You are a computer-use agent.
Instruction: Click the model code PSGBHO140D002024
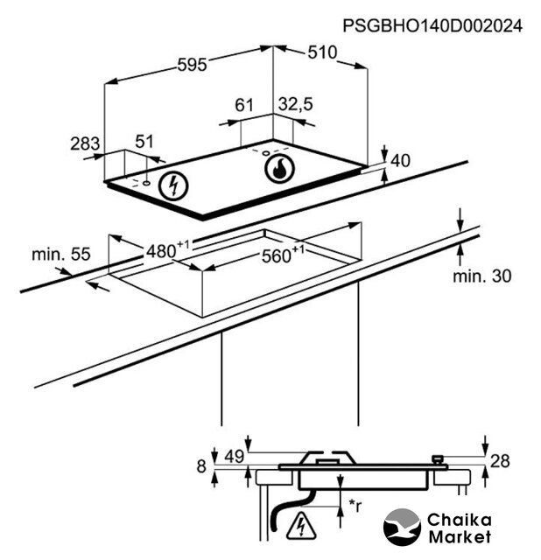coord(432,26)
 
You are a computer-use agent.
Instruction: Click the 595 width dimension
coord(193,65)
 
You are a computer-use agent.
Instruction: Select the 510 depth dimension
coord(322,52)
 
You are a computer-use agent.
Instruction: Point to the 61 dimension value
coord(244,105)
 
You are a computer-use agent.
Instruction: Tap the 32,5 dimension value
coord(296,104)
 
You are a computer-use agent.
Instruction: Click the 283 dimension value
coord(85,143)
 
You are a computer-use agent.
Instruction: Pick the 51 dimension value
coord(144,142)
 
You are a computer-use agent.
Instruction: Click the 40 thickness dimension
coord(401,161)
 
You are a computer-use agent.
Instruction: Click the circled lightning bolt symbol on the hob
coord(173,185)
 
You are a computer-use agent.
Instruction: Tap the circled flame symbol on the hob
coord(280,169)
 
